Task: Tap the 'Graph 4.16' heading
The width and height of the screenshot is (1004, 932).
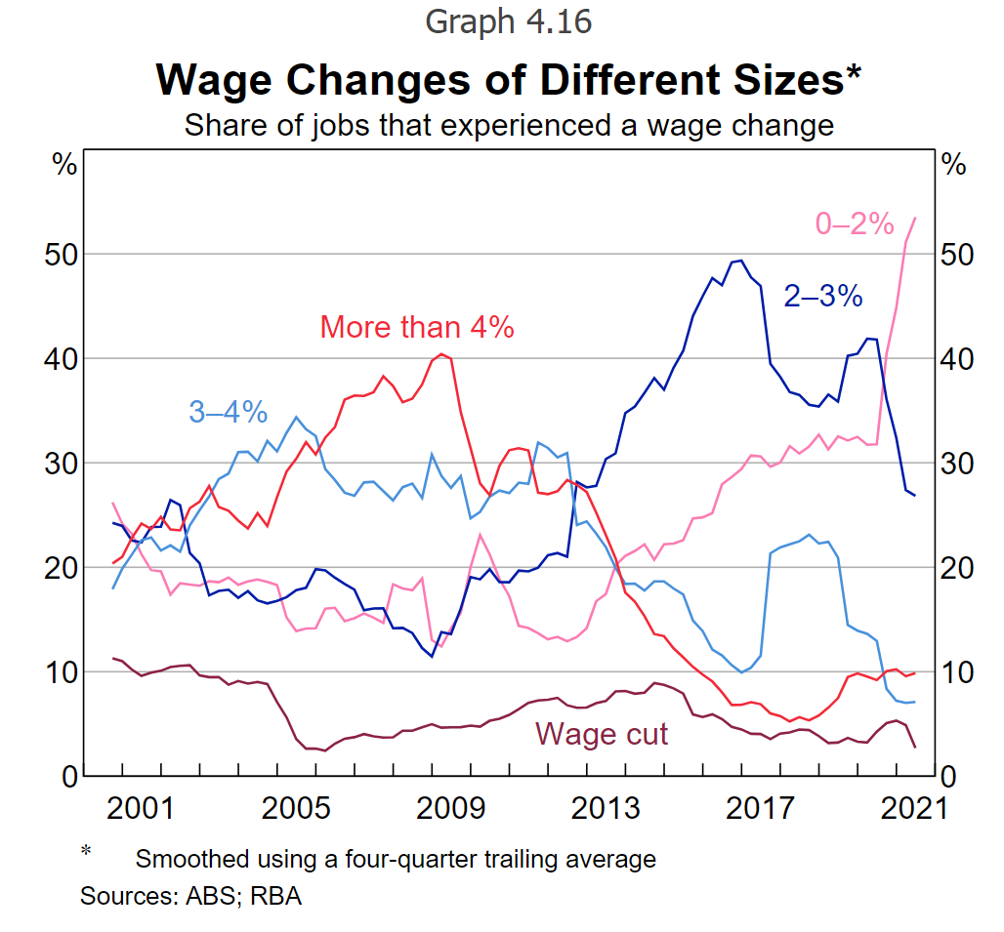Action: [x=508, y=20]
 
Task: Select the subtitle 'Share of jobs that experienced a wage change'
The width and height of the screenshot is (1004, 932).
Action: [x=508, y=125]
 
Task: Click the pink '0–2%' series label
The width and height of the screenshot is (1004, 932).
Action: [x=855, y=224]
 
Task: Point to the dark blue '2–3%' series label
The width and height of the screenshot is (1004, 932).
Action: [x=823, y=295]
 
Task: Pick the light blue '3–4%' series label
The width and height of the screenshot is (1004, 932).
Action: [x=228, y=412]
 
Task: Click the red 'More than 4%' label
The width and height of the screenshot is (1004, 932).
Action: [x=417, y=327]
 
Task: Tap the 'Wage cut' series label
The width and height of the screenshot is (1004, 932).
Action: [x=602, y=733]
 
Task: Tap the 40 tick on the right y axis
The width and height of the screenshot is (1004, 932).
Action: [x=956, y=359]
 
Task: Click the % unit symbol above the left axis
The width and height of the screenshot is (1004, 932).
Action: [x=64, y=164]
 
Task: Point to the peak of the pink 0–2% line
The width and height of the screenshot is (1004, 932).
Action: [x=914, y=218]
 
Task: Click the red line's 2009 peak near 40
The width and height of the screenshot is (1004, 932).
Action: [x=441, y=353]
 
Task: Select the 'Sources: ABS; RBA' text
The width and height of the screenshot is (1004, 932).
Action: [x=190, y=896]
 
